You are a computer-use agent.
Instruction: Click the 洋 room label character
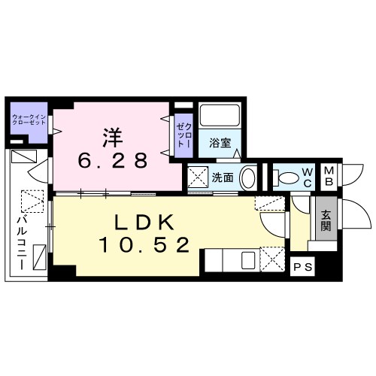click(x=112, y=137)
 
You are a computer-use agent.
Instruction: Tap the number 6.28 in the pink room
click(x=113, y=160)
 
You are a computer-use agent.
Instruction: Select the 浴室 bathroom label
click(x=220, y=141)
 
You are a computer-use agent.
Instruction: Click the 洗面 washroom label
click(x=223, y=177)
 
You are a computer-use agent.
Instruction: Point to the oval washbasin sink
click(x=251, y=177)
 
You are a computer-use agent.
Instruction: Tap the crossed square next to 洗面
click(x=197, y=177)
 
